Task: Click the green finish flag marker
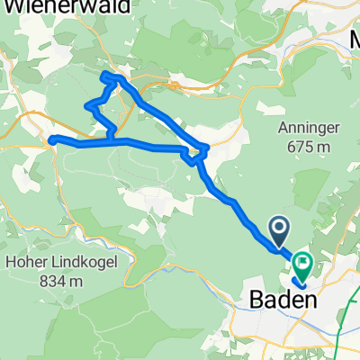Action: click(302, 264)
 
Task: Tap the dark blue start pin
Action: click(279, 230)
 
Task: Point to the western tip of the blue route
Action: click(51, 139)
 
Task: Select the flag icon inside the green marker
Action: click(302, 264)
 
